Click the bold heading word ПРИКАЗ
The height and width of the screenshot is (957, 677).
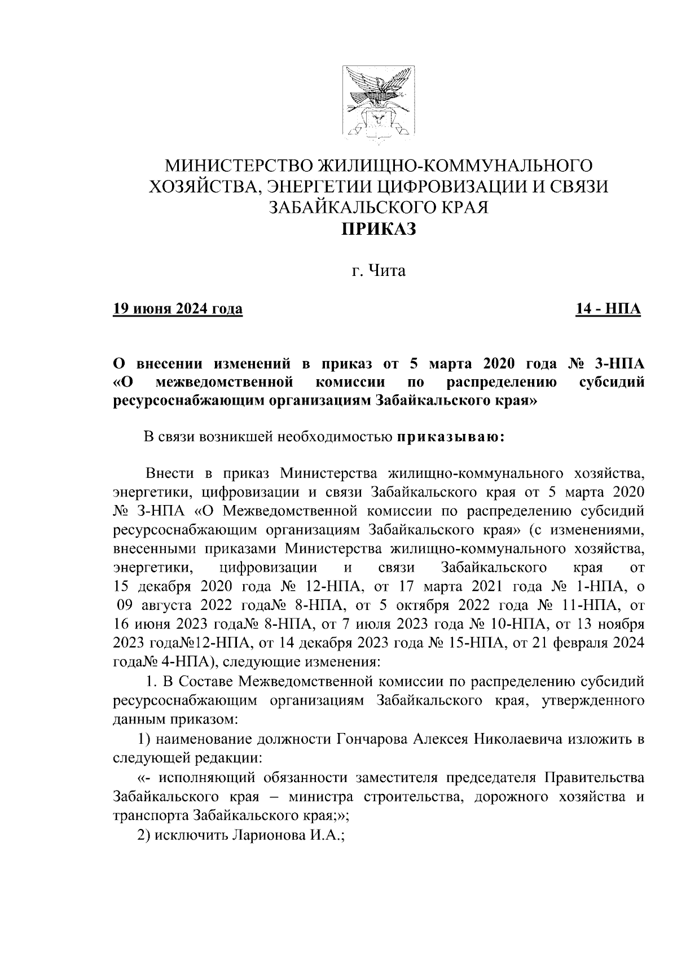[377, 229]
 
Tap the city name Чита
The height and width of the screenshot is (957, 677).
[387, 271]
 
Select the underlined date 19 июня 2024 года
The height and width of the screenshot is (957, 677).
[178, 309]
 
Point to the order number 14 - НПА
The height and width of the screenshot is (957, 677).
[608, 309]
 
